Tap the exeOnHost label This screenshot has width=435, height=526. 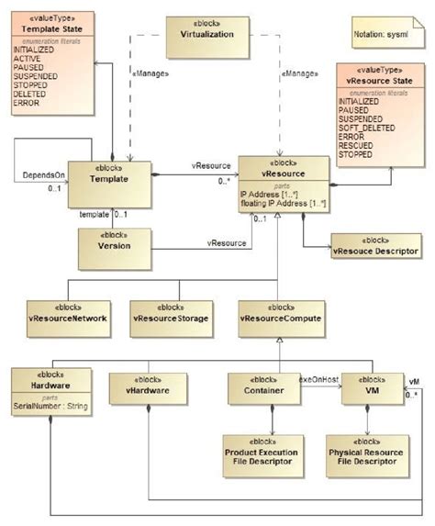point(318,379)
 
